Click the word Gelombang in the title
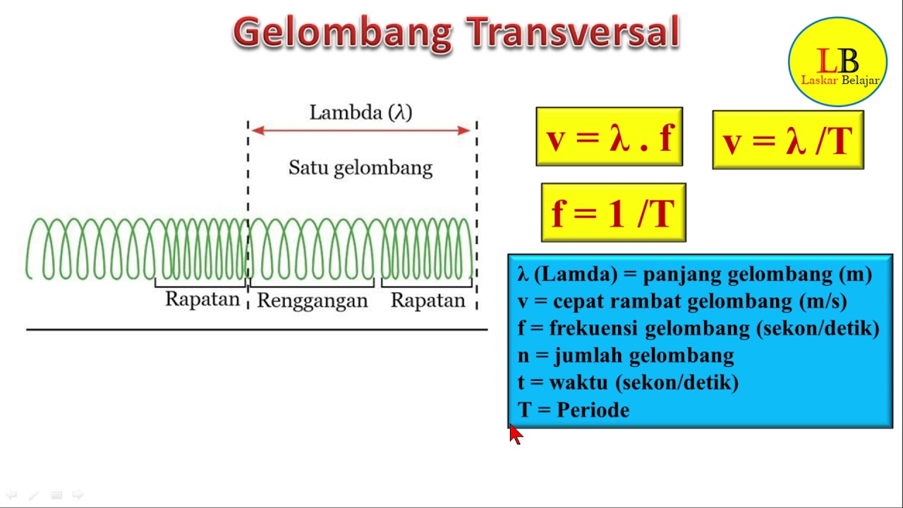(342, 33)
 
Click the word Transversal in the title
(572, 33)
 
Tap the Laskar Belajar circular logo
(838, 63)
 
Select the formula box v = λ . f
(610, 138)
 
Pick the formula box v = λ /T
(788, 140)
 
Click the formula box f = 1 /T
(613, 212)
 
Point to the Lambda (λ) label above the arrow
(360, 112)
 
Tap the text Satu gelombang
(360, 168)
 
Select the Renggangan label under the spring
(312, 301)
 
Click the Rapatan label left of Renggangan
(202, 299)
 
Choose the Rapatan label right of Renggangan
(428, 301)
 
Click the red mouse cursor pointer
(515, 434)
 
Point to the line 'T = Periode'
(574, 410)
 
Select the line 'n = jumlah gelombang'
(626, 356)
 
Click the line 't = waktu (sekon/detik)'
(628, 382)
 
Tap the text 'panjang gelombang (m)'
(757, 274)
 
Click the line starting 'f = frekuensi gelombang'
(698, 328)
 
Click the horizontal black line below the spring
(257, 329)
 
